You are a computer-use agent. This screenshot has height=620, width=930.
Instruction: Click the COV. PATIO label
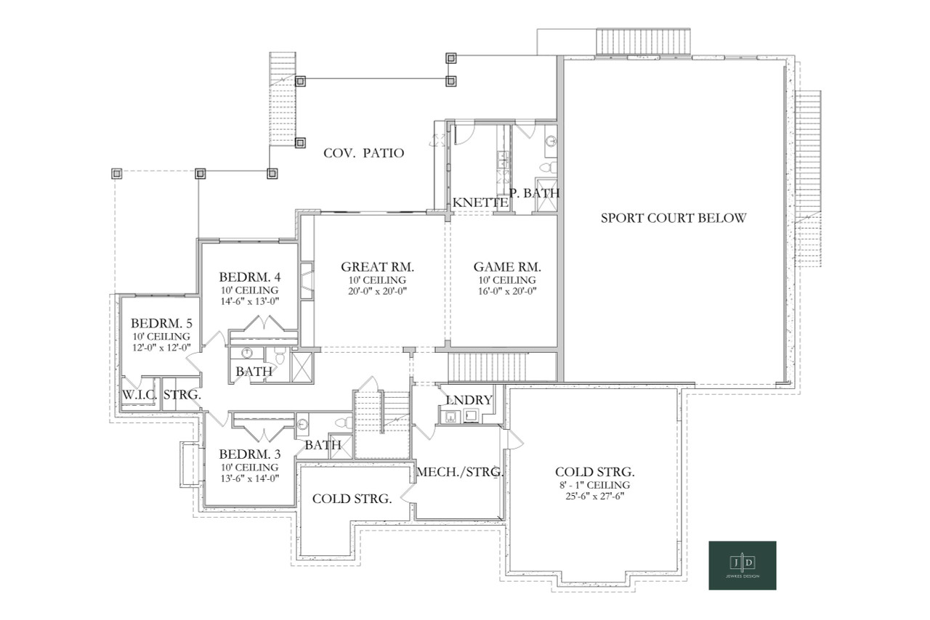tap(363, 153)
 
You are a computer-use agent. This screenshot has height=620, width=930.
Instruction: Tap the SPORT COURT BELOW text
tap(673, 218)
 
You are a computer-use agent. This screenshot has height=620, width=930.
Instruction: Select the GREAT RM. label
tap(377, 266)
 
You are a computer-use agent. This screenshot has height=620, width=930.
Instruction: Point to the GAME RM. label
tap(507, 266)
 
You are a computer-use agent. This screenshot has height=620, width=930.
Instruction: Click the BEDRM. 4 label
tap(249, 277)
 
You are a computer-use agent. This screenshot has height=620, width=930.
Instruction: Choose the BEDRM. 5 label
tap(161, 323)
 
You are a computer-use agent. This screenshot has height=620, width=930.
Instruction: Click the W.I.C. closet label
tap(139, 395)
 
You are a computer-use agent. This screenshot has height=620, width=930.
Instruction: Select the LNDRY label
tap(469, 400)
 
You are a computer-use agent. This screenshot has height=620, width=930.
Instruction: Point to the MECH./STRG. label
tap(459, 473)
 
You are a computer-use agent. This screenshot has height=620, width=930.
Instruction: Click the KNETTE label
tap(480, 203)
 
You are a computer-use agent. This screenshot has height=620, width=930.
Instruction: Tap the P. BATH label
tap(535, 193)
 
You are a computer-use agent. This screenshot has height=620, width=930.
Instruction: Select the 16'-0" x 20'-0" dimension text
tap(507, 292)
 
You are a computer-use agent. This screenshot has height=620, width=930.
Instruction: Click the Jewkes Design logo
tap(742, 565)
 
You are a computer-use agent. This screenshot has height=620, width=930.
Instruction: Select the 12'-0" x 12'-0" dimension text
tap(161, 348)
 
